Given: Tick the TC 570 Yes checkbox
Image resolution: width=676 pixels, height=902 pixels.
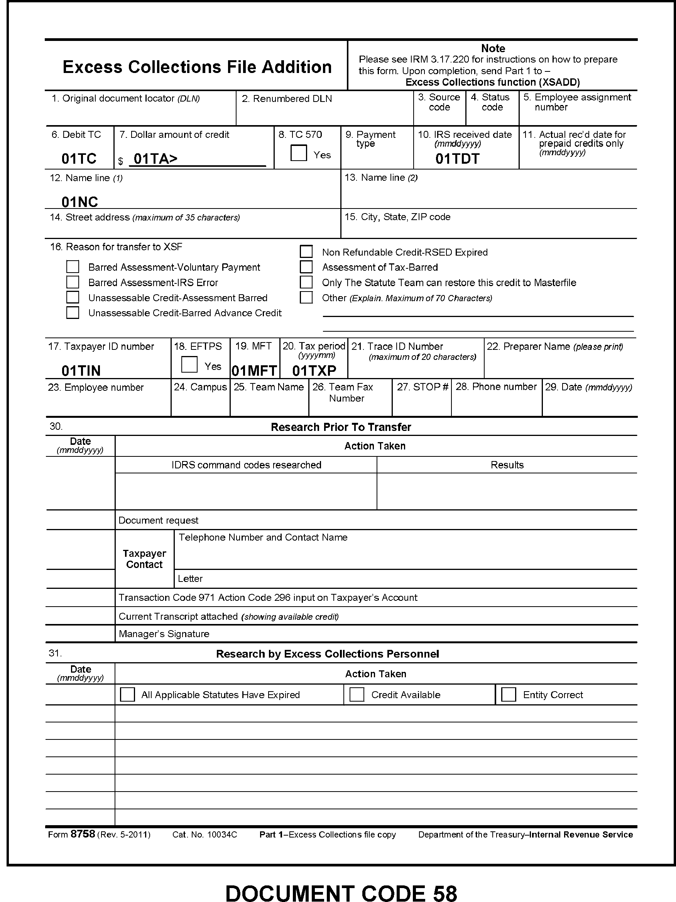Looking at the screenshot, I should [298, 153].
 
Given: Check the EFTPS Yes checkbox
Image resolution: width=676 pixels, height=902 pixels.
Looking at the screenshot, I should [189, 365].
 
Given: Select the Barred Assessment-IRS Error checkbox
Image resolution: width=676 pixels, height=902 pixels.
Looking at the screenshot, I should [73, 282].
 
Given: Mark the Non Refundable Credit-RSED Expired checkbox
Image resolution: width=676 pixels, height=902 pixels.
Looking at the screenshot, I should [306, 252].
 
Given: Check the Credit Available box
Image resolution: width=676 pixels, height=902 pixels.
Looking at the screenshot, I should [357, 694].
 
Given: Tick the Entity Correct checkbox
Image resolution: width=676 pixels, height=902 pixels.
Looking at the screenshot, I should [508, 694].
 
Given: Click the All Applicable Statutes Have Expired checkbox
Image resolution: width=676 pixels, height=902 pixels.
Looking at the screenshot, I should [127, 694].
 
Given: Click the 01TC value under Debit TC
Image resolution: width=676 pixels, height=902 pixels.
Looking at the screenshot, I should [79, 159].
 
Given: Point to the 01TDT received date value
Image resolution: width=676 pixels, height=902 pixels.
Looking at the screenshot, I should [457, 159].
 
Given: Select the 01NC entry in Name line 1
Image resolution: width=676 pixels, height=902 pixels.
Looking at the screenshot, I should [79, 202].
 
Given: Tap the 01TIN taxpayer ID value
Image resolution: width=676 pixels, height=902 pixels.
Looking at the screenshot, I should [81, 371].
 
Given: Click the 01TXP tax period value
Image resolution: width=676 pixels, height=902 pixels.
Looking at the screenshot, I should [314, 371].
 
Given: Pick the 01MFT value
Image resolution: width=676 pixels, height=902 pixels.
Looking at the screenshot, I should [254, 371].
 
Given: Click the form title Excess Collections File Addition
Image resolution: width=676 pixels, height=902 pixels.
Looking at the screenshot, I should [197, 67].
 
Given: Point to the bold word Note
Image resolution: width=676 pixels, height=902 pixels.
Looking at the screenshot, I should [493, 49].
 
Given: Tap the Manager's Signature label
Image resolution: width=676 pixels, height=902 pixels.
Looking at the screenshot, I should [164, 634].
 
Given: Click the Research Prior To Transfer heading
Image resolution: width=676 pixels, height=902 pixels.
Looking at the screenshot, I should [341, 427].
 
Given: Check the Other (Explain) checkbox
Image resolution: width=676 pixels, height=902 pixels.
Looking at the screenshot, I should [306, 297].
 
